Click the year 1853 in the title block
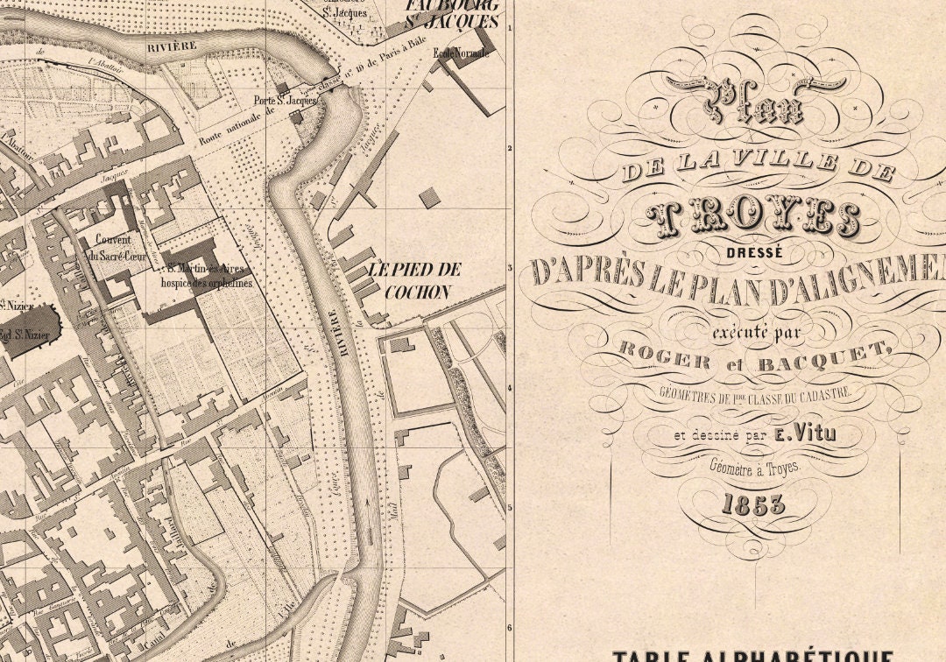coord(754,504)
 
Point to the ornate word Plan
coord(754,101)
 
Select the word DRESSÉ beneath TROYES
coord(754,251)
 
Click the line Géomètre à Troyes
coord(754,468)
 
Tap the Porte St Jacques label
coord(285,101)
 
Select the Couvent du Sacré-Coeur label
coord(110,247)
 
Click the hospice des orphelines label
coord(206,283)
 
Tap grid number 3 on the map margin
coord(509,269)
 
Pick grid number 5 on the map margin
coord(509,507)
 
